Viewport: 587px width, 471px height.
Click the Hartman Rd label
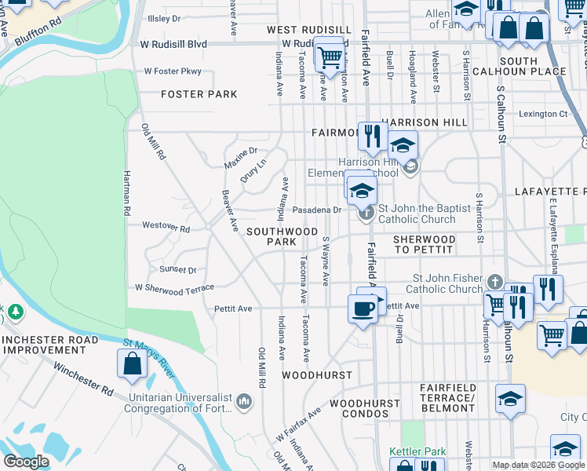[x=126, y=193]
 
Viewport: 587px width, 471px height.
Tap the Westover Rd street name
[x=166, y=228]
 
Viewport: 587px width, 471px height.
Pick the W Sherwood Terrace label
[x=174, y=289]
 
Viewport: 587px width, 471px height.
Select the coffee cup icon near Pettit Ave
[x=362, y=309]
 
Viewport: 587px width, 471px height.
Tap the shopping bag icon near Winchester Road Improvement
[x=132, y=363]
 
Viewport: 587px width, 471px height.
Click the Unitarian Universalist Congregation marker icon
[x=244, y=402]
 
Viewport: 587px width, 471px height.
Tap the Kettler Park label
[x=417, y=452]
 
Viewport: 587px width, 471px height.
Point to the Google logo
[x=26, y=462]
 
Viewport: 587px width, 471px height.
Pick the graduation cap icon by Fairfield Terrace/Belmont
[x=510, y=399]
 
